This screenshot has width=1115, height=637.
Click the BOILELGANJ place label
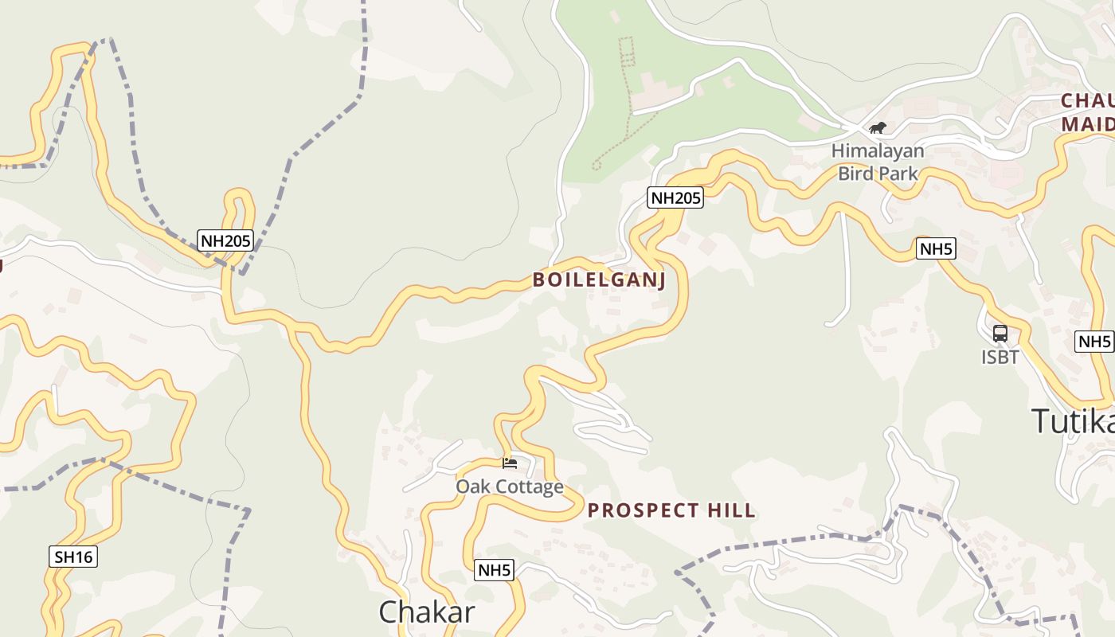tap(599, 280)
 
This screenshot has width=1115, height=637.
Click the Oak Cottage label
tap(510, 487)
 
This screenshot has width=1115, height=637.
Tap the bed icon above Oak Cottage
tap(510, 463)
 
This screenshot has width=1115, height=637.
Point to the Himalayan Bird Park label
tap(878, 162)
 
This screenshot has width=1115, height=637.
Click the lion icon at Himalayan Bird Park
tap(878, 127)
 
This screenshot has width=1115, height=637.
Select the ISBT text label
tap(1000, 358)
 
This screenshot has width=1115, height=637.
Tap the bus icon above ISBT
tap(1000, 334)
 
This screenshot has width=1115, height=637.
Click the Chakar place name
tap(427, 612)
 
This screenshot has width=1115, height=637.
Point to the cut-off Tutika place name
tap(1074, 420)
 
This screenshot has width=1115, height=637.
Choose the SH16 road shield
tap(74, 557)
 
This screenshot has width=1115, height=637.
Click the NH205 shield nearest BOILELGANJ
tap(676, 198)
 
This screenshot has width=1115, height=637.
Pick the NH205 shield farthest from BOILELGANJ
tap(225, 240)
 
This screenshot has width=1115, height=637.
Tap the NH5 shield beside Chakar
tap(495, 570)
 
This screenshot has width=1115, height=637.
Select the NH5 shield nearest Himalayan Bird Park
tap(936, 249)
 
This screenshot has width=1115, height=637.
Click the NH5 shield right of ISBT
tap(1094, 342)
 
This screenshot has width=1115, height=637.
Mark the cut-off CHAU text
tap(1088, 101)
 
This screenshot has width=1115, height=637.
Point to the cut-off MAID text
tap(1088, 124)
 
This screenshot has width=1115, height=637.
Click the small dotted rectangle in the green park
tap(627, 50)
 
